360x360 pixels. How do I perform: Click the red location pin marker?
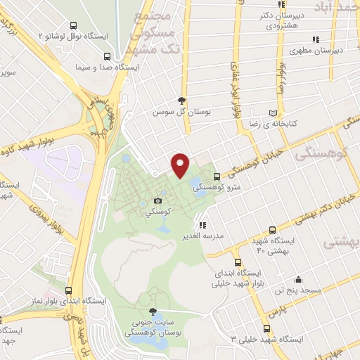click(181, 165)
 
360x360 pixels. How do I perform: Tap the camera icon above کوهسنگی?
click(157, 202)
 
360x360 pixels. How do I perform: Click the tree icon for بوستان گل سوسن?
click(182, 101)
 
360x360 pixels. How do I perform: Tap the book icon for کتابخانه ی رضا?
click(274, 113)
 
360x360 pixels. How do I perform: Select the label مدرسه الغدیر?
click(203, 236)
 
